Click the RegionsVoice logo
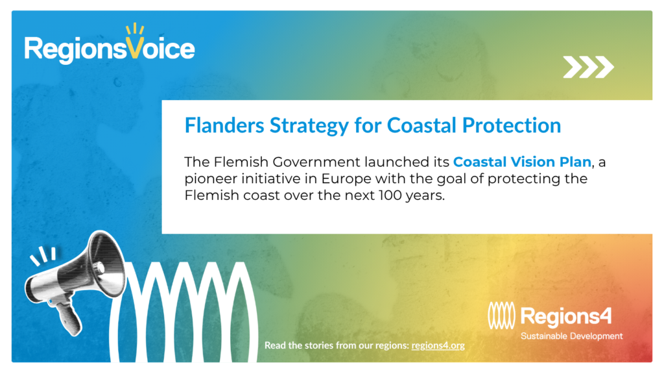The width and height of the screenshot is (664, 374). (x=109, y=45)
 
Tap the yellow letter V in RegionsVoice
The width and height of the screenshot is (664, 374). (x=134, y=48)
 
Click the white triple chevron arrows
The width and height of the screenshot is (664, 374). (x=588, y=67)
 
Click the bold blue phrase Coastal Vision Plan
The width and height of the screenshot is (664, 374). (x=522, y=162)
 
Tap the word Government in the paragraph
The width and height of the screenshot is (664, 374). (x=316, y=162)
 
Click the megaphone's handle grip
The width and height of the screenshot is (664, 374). (x=69, y=317)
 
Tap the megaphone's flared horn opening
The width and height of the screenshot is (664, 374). (x=108, y=264)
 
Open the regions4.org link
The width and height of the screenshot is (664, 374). (x=438, y=345)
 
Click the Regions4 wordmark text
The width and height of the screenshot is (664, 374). (x=566, y=316)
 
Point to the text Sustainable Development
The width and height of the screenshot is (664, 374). (x=572, y=336)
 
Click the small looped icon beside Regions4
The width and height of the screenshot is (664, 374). (x=501, y=316)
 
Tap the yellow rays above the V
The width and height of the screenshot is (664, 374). (x=135, y=29)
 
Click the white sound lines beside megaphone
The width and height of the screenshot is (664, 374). (x=43, y=256)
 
